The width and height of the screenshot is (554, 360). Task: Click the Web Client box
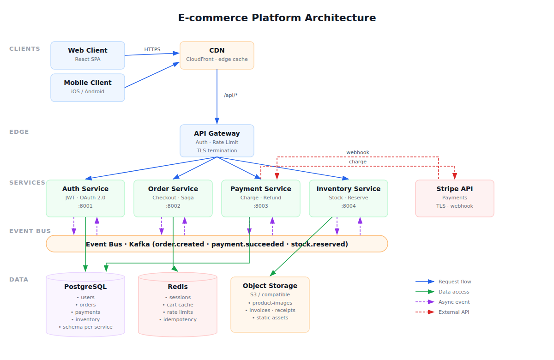(x=88, y=55)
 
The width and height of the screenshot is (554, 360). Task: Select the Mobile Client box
(x=88, y=87)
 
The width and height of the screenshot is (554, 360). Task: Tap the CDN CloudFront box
(x=217, y=55)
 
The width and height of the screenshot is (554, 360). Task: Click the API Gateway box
(x=217, y=140)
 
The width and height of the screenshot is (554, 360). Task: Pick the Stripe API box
(x=455, y=198)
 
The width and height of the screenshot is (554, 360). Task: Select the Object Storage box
(x=270, y=304)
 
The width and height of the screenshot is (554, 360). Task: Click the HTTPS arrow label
(x=152, y=49)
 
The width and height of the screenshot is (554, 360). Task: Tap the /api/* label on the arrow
(x=231, y=95)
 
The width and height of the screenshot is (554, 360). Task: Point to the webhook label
(x=358, y=152)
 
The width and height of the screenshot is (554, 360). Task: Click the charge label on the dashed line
(x=358, y=162)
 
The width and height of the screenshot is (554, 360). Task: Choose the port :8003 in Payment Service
(x=261, y=206)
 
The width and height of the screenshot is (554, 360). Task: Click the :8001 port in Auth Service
(x=85, y=206)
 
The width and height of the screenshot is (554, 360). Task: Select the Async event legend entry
(x=454, y=302)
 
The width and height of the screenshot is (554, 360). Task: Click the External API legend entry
(x=454, y=312)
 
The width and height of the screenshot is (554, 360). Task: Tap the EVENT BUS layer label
(x=30, y=231)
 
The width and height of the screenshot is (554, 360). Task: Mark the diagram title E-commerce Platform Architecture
(x=277, y=18)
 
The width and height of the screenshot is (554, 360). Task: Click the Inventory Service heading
(x=349, y=189)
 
